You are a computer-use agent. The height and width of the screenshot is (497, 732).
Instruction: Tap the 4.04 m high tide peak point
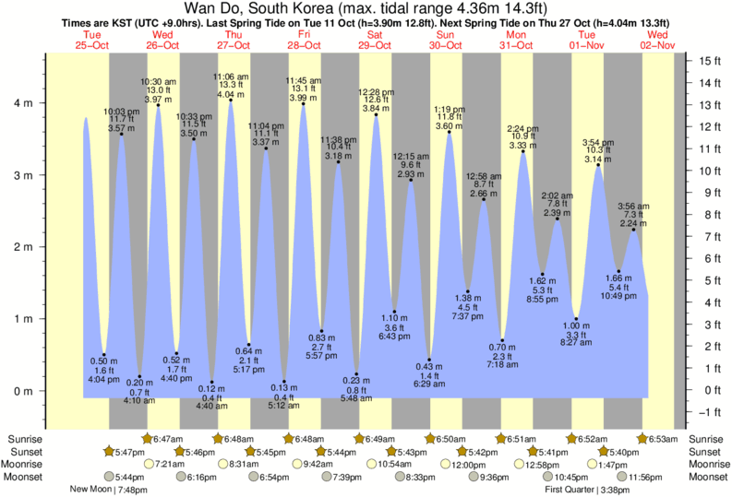click(x=231, y=100)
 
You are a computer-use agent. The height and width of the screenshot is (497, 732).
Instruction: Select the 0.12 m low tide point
click(x=212, y=382)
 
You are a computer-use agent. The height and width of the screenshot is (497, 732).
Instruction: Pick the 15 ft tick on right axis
click(x=710, y=61)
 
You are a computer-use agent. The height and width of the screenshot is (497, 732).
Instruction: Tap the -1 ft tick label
click(x=710, y=412)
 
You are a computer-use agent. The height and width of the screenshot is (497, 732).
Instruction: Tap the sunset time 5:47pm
click(x=126, y=452)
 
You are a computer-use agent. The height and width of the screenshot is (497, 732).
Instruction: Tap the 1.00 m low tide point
click(x=575, y=319)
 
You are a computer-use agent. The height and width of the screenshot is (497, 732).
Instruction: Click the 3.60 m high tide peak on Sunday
click(x=449, y=132)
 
